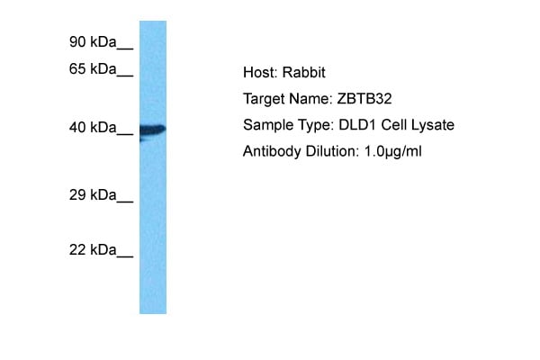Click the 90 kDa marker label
pyautogui.click(x=92, y=40)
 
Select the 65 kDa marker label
pyautogui.click(x=92, y=68)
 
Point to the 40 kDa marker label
pyautogui.click(x=92, y=129)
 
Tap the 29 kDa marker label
pyautogui.click(x=92, y=194)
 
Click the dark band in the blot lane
pyautogui.click(x=153, y=130)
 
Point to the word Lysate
pyautogui.click(x=433, y=124)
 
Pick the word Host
pyautogui.click(x=258, y=72)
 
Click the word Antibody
pyautogui.click(x=270, y=151)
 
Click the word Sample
pyautogui.click(x=265, y=124)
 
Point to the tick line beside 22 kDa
pyautogui.click(x=124, y=255)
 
